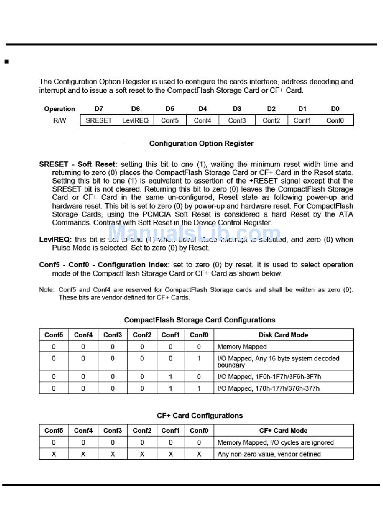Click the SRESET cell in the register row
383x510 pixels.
[99, 120]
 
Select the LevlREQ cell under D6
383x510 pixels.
[135, 120]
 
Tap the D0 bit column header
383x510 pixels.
[335, 109]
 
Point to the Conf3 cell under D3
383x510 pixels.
[237, 120]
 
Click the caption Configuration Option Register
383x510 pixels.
[201, 143]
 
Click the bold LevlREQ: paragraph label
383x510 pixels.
[55, 240]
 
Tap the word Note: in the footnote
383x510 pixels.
[46, 290]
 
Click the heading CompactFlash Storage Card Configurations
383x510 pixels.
[200, 320]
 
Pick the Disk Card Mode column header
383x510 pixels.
[283, 335]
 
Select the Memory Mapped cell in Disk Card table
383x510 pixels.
[242, 347]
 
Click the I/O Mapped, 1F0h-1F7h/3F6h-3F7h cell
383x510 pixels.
[269, 377]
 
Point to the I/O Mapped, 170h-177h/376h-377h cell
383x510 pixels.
[269, 388]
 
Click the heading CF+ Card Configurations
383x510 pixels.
[200, 415]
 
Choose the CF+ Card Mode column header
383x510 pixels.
[283, 430]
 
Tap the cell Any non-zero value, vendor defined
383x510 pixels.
[269, 454]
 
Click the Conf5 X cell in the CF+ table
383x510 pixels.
[54, 454]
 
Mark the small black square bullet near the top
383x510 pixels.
[6, 62]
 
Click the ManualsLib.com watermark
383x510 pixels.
[194, 234]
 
